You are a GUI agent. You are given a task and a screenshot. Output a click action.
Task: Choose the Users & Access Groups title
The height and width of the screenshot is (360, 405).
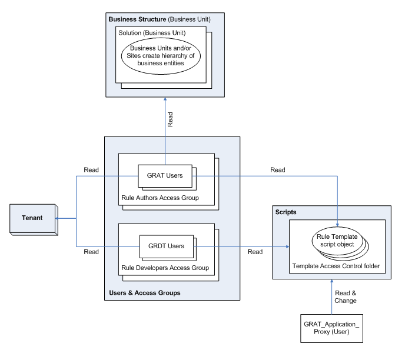tap(145, 292)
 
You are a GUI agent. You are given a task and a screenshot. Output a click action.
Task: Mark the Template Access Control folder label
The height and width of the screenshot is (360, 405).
tap(336, 266)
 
